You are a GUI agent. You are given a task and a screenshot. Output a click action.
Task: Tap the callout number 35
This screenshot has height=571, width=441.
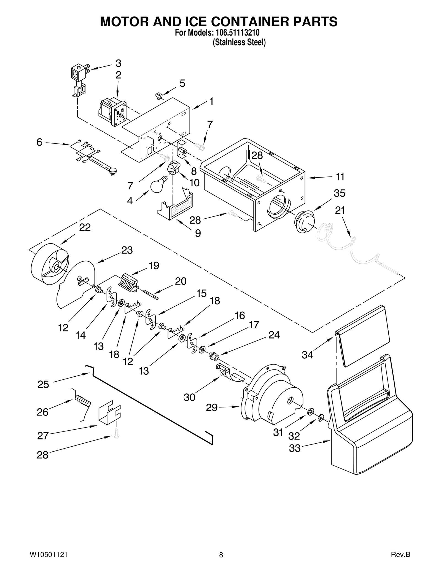coord(339,193)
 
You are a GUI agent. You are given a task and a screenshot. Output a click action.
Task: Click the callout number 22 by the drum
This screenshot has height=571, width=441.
coord(85,227)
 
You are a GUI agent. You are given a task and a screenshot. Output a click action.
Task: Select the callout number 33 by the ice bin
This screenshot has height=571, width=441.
coord(295,448)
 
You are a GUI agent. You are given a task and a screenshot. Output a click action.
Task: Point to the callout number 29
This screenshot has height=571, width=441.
coord(212,408)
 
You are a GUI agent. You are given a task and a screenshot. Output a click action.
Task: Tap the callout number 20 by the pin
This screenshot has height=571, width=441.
coord(181,281)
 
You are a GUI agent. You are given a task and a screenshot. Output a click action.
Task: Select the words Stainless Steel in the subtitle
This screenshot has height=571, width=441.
coord(239,43)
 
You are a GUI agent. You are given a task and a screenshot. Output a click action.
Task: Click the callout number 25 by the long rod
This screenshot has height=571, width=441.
coord(43,384)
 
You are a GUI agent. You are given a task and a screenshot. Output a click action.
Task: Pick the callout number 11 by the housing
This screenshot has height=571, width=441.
coord(340,177)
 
